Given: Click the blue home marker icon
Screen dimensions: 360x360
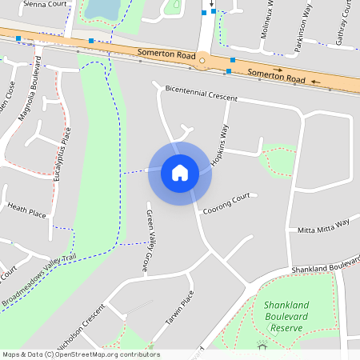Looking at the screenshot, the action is (179, 173).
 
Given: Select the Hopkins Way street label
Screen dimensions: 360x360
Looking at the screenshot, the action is (220, 145).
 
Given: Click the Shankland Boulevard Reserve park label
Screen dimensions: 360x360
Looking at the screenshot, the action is (286, 317).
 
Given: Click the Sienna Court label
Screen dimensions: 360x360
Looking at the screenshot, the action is (45, 4).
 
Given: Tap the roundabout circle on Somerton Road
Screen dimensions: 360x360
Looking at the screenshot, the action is (203, 60).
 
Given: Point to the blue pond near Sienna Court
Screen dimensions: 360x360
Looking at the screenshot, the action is (102, 8).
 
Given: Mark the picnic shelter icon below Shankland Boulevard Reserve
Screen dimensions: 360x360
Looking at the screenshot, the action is (262, 346).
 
